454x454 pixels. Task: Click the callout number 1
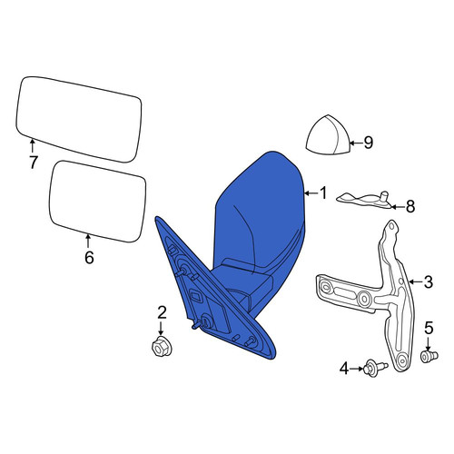click(323, 192)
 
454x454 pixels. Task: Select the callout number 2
click(162, 312)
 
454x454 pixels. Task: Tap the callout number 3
click(429, 282)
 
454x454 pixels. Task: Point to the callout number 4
click(344, 369)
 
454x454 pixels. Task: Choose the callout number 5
click(429, 328)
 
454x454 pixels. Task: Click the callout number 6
click(89, 258)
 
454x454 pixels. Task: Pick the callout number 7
click(33, 163)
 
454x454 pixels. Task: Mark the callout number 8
click(410, 207)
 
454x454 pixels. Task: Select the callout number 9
click(369, 143)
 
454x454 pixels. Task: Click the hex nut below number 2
click(162, 346)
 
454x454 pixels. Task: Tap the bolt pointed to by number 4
click(376, 368)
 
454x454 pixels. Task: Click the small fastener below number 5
click(429, 357)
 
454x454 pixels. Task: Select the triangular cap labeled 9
click(328, 135)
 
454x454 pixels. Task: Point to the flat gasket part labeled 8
click(367, 201)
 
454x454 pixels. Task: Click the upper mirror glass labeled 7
click(79, 119)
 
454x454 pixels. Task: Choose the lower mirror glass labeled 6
click(97, 202)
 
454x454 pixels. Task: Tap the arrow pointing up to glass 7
click(32, 145)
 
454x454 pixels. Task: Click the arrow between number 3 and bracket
click(416, 281)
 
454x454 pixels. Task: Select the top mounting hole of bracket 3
click(391, 226)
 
